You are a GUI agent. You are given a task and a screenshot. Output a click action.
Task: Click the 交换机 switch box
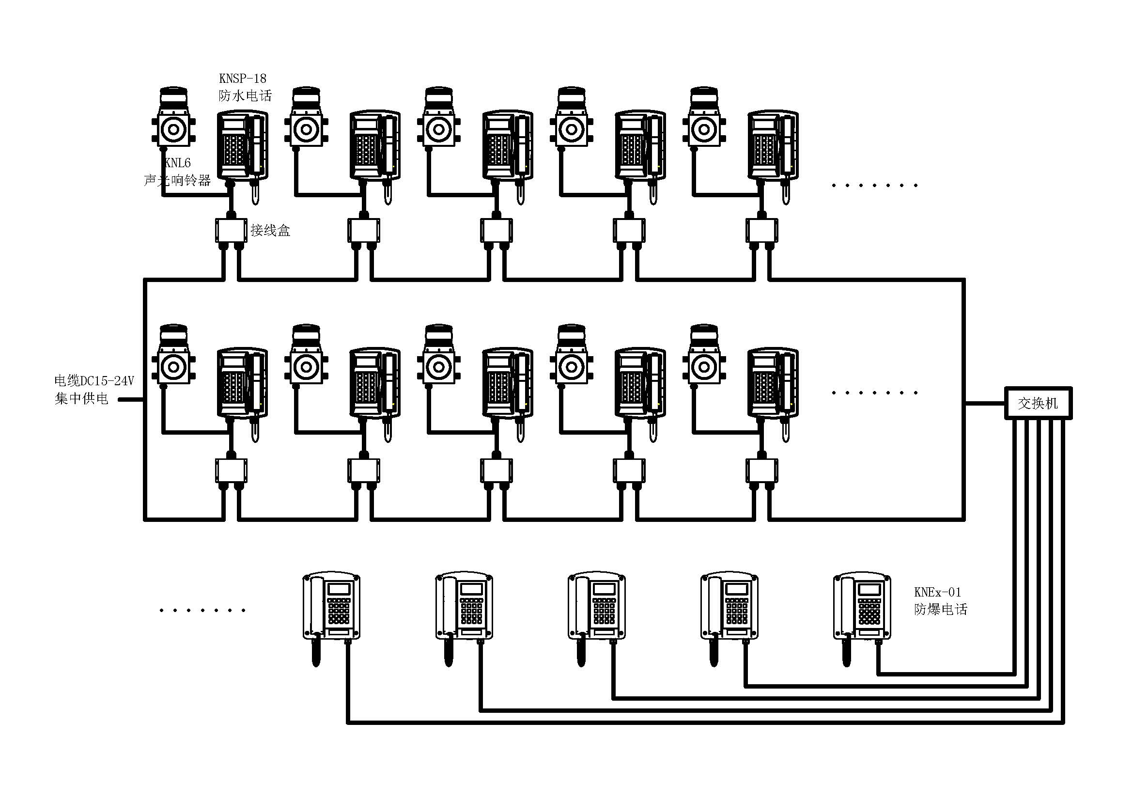(1038, 403)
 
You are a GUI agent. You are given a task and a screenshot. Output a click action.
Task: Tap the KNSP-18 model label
(242, 79)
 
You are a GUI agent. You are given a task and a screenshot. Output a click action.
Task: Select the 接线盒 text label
(270, 231)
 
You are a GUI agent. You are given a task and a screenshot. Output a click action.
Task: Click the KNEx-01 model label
(937, 592)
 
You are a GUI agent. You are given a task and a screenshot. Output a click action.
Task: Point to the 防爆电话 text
(941, 610)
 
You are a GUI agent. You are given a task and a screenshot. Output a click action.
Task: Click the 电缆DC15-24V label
(94, 381)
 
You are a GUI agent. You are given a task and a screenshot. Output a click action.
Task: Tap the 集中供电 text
(81, 399)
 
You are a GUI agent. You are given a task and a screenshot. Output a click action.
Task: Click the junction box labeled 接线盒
(231, 231)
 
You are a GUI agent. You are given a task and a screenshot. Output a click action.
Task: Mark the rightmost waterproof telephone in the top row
(773, 145)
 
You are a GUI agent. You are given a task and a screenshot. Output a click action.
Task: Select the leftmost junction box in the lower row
(231, 471)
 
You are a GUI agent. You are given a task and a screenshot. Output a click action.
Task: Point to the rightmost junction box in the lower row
(761, 471)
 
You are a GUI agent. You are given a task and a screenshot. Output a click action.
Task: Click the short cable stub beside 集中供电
(131, 400)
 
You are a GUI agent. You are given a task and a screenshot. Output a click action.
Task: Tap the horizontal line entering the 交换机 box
(985, 403)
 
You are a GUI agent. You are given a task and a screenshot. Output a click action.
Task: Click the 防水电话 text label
(245, 96)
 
